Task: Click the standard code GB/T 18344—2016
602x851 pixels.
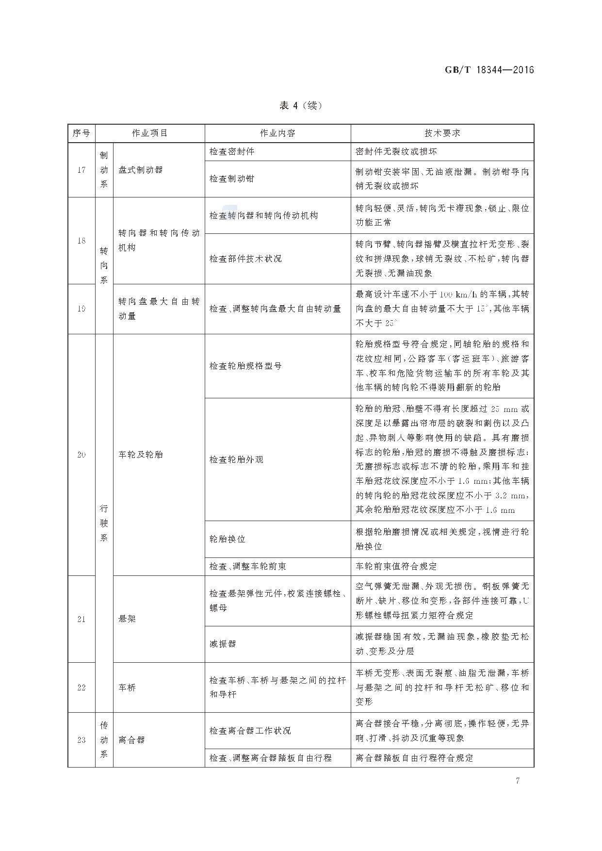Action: coord(489,70)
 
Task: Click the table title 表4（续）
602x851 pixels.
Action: coord(301,105)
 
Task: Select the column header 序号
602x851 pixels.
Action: coord(81,133)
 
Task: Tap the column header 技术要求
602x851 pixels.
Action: coord(442,133)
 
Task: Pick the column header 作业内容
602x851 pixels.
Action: coord(277,133)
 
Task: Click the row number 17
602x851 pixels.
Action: coord(81,170)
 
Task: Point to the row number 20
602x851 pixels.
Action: coord(81,455)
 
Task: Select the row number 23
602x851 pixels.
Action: coord(81,740)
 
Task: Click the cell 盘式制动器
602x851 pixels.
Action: coord(141,170)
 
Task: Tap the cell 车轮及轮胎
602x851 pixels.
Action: coord(141,455)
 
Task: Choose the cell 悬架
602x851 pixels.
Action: coord(127,619)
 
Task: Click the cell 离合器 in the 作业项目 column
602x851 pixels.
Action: coord(131,740)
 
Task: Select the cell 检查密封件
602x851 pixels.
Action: coord(232,151)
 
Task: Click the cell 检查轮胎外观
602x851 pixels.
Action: coord(236,459)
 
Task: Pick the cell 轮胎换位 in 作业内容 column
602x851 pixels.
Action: coord(228,539)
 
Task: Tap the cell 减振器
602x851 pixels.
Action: coord(223,644)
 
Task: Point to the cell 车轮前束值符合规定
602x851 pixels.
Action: coord(396,566)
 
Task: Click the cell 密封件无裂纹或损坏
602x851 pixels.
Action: coord(396,151)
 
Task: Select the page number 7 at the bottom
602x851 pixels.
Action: coord(518,781)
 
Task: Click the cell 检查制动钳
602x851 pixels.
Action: coord(232,179)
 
